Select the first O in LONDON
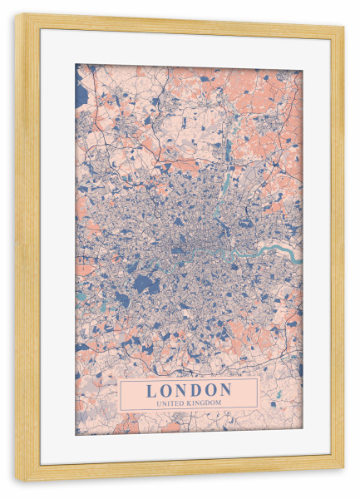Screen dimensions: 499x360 166,390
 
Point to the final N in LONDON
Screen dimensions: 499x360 226,390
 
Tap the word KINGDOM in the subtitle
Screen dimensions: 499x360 205,403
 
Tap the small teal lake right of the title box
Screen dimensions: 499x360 279,393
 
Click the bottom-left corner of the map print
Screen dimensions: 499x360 76,434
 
